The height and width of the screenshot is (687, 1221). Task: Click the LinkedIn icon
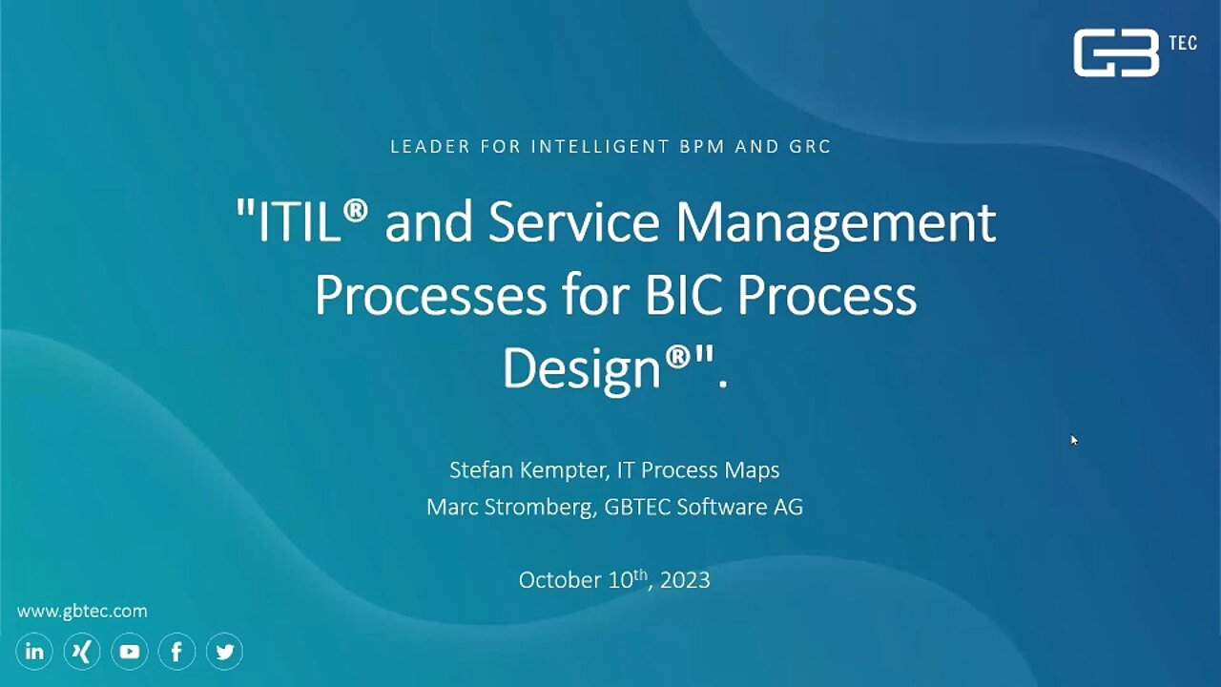point(34,651)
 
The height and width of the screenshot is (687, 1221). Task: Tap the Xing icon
point(82,651)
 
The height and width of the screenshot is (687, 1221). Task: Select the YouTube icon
point(129,651)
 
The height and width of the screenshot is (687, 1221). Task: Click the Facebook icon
point(176,651)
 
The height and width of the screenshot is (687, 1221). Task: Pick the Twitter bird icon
point(224,651)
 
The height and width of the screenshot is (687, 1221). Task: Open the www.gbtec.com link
point(82,612)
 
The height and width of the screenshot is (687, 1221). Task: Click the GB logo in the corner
point(1116,52)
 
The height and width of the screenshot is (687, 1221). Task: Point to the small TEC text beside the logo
point(1183,43)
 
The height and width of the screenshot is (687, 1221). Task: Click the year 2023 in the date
point(685,579)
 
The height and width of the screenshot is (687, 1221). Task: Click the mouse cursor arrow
point(1074,440)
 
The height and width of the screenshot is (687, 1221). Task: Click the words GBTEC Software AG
point(704,507)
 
